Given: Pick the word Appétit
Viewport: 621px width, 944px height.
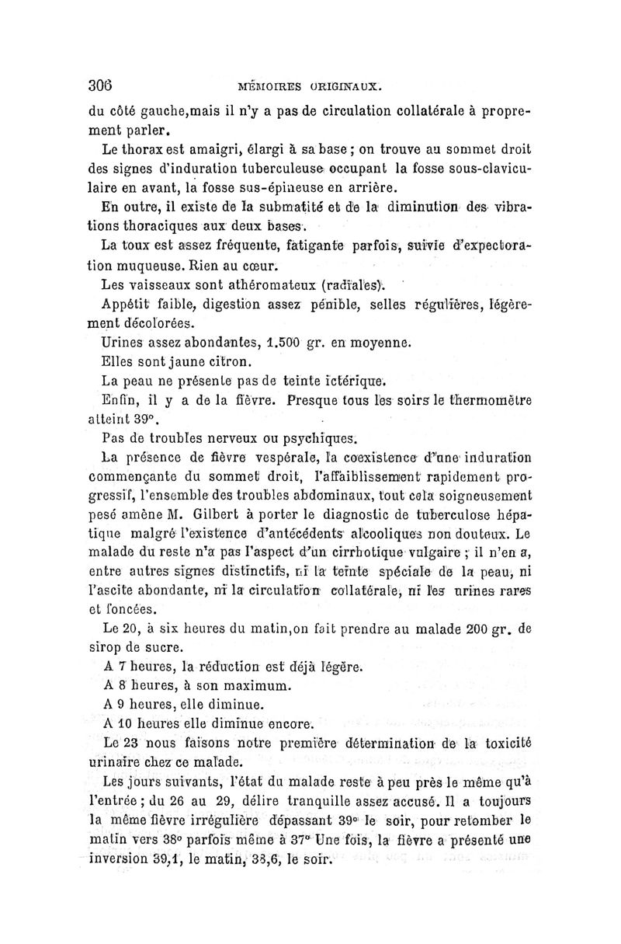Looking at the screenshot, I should pyautogui.click(x=127, y=303).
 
